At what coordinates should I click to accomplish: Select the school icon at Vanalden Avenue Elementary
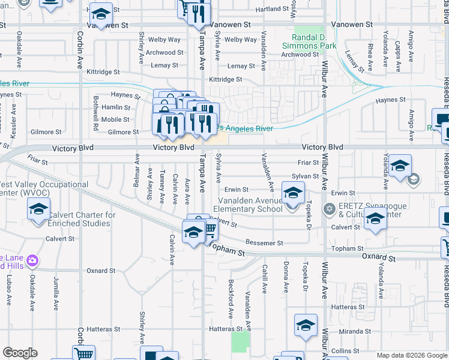(x=292, y=194)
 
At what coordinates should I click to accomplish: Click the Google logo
(x=20, y=353)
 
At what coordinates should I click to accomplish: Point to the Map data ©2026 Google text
(x=412, y=356)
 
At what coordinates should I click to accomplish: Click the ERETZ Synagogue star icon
(x=328, y=209)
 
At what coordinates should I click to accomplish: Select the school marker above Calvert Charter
(x=38, y=210)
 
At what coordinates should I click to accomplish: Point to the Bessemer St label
(x=264, y=243)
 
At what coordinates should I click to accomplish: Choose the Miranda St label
(x=352, y=331)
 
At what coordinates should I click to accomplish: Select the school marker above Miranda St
(x=306, y=326)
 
